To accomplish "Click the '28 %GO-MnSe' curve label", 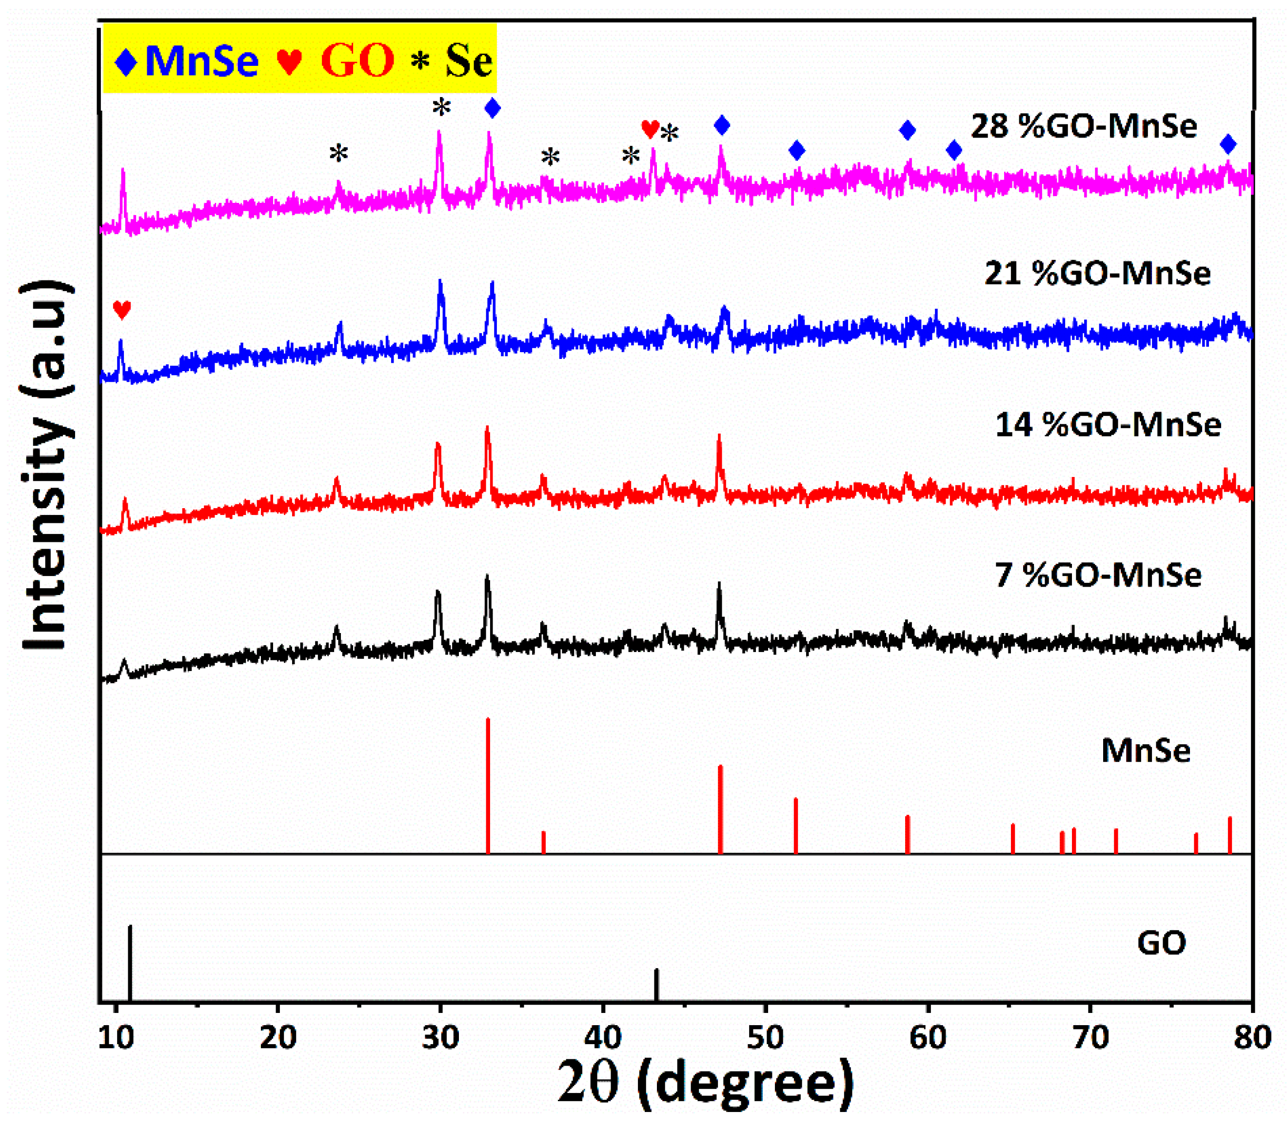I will pos(1084,126).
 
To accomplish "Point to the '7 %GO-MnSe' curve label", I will pos(1098,575).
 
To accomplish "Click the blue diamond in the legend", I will pos(127,61).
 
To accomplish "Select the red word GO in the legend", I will pos(357,60).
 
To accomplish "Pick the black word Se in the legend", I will pos(469,61).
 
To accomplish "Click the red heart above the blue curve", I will pos(121,310).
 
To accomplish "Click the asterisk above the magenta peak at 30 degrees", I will pos(441,108).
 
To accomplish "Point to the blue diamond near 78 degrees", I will pos(1228,145).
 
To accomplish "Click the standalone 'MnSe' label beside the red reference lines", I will pos(1146,751).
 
